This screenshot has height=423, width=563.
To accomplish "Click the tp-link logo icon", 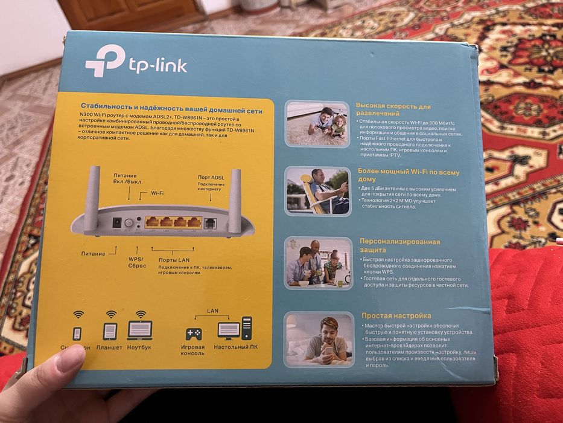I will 104,61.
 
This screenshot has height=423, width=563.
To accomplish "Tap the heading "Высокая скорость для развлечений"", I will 393,109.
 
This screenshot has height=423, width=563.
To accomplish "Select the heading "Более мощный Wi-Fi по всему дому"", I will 407,176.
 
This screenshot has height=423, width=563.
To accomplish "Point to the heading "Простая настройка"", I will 396,315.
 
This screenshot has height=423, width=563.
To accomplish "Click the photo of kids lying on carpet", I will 317,123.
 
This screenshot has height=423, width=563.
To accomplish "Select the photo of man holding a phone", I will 319,340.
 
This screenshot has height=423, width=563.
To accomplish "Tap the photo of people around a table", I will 318,263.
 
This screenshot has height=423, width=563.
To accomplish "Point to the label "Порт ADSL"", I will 211,177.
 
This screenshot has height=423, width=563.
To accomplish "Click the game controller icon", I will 193,334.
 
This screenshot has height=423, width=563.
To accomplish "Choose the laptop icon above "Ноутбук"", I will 139,330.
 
